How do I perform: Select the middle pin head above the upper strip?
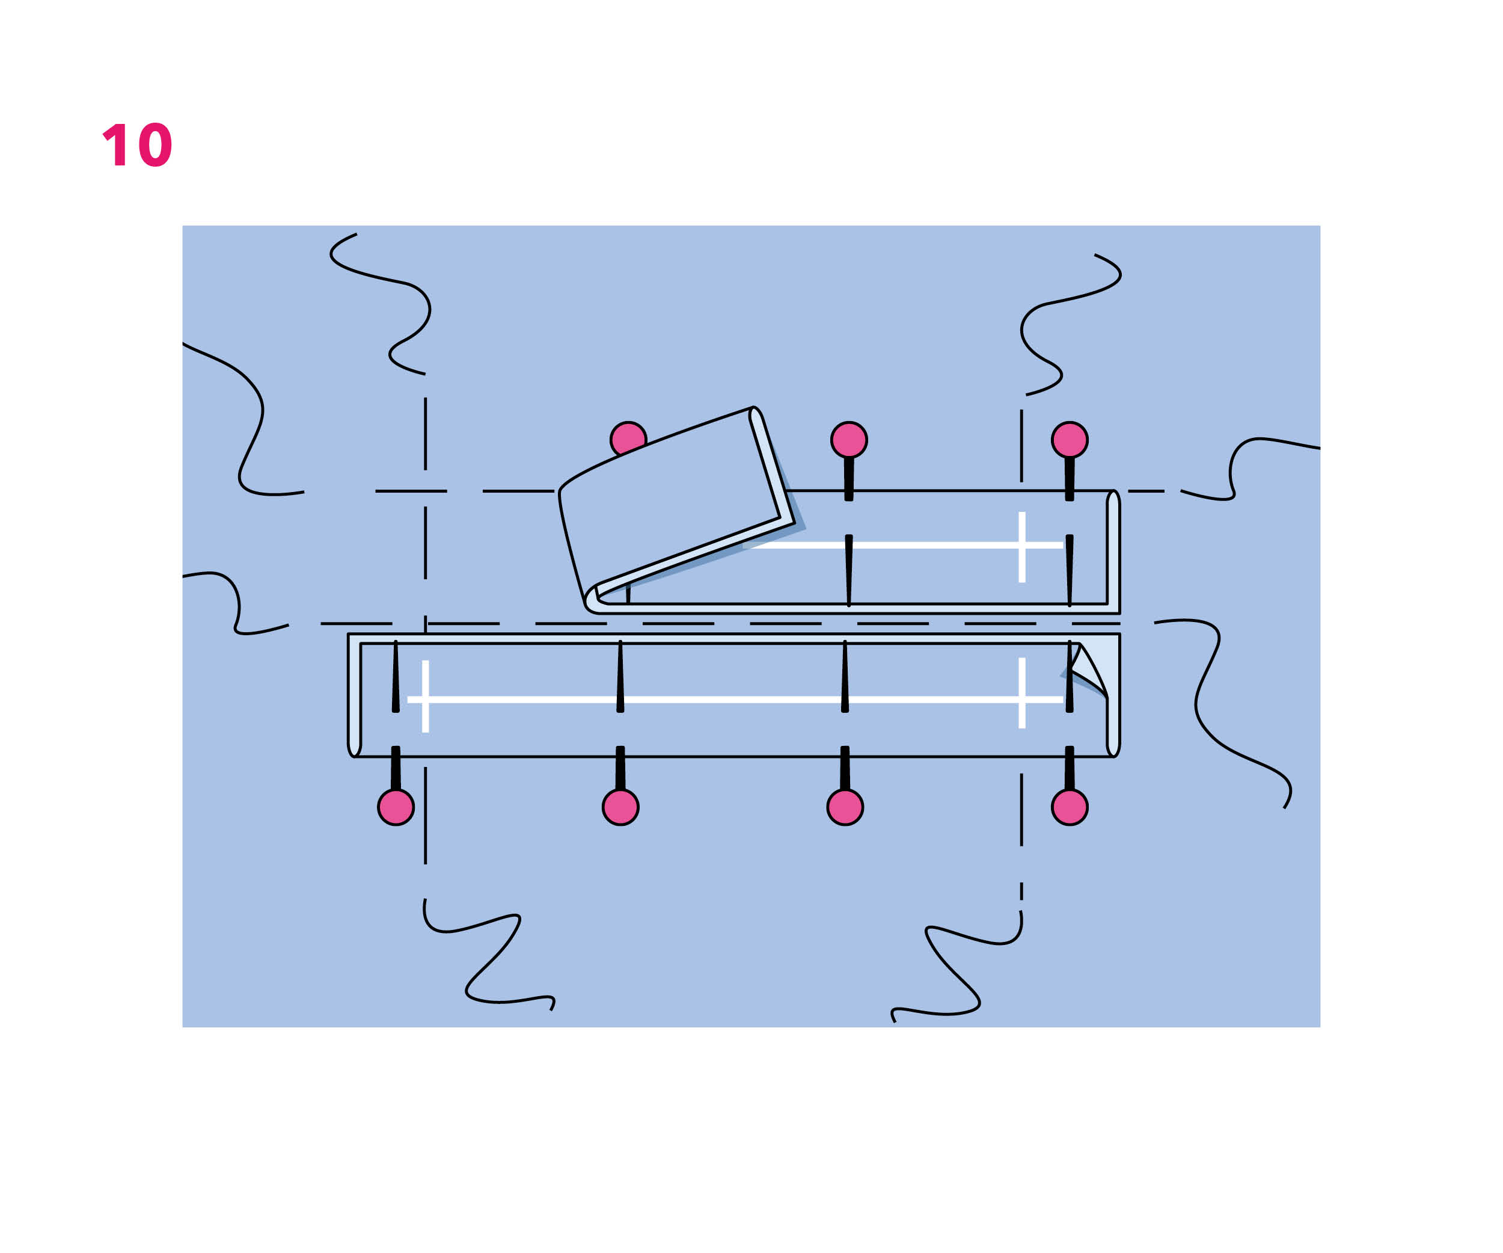point(849,440)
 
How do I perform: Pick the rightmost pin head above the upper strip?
point(1070,440)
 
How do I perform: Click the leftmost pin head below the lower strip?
point(396,808)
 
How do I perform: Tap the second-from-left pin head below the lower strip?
point(620,808)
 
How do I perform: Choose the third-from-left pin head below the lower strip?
point(845,808)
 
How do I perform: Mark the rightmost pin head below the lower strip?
point(1070,808)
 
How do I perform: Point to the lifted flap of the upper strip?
point(673,501)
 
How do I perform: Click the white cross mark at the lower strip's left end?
point(425,698)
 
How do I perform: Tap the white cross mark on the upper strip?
point(1022,546)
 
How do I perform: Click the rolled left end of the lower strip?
point(354,695)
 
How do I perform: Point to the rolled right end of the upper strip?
point(1113,552)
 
